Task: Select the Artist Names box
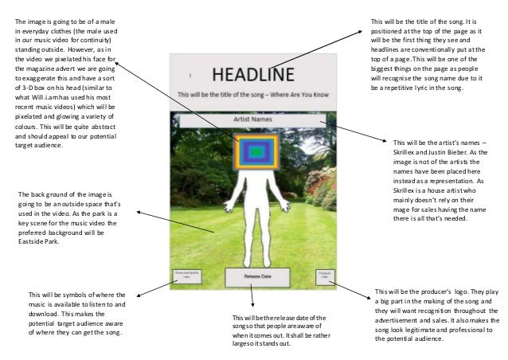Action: tap(253, 119)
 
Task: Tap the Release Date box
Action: tap(253, 277)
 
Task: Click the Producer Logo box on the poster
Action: tap(323, 276)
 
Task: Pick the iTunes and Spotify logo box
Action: tap(185, 276)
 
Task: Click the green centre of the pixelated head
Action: tap(256, 151)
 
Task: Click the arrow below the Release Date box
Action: tap(252, 300)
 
